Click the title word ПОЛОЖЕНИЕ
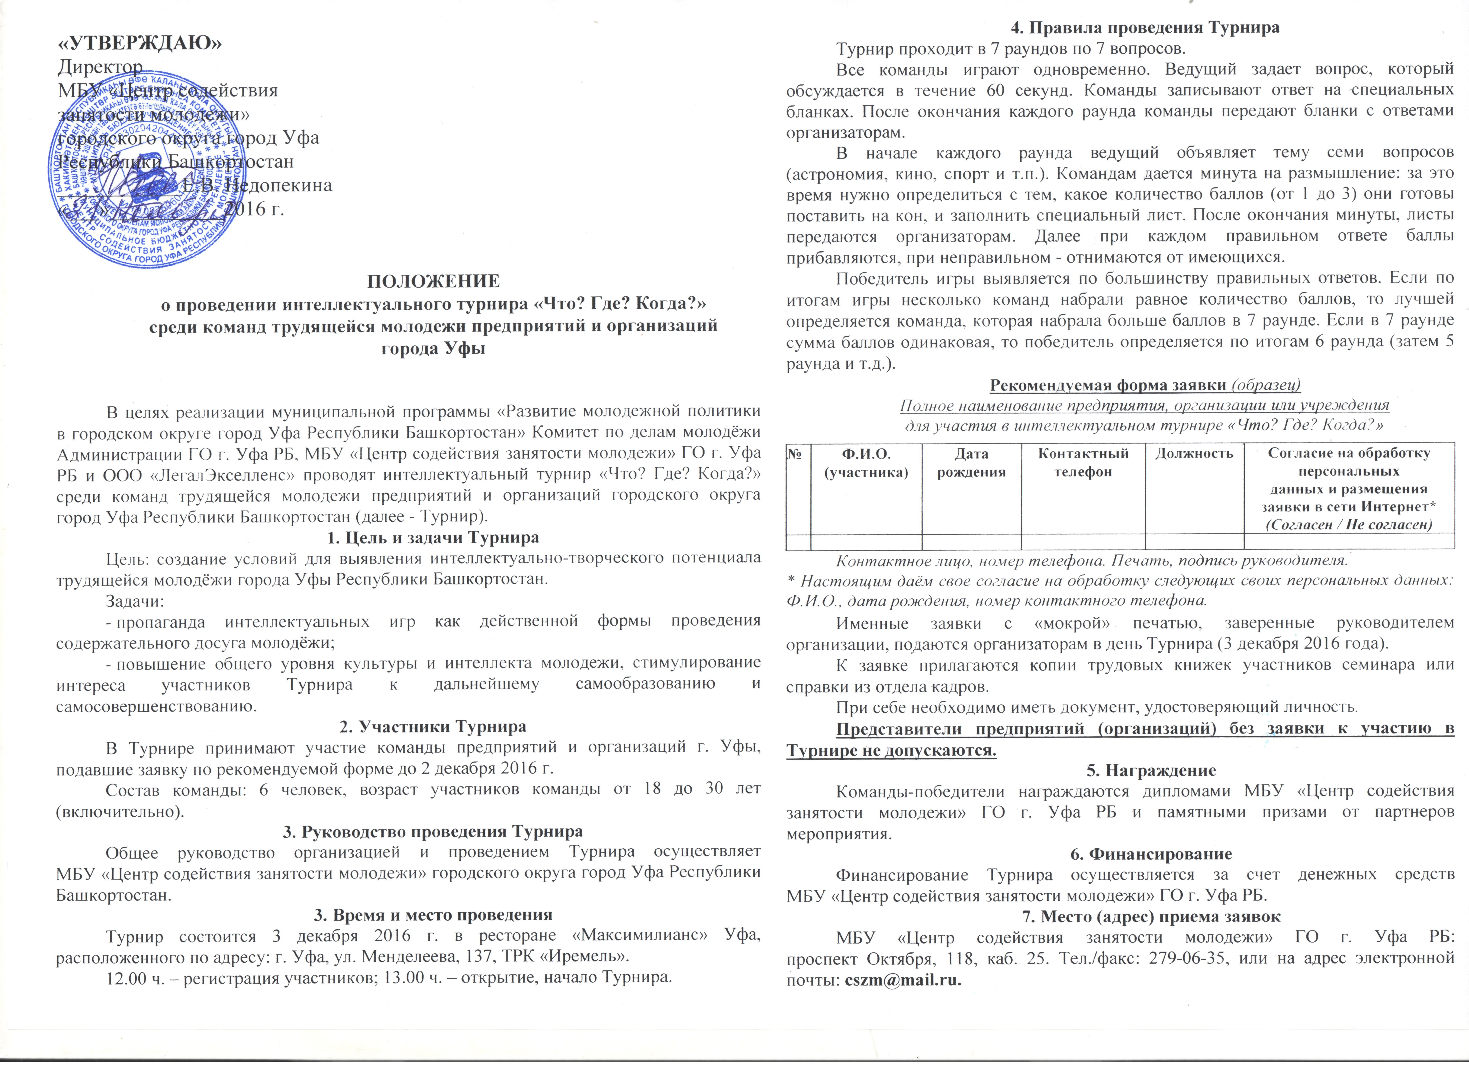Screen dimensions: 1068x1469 tap(433, 281)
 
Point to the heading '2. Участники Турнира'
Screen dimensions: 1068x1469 tap(433, 727)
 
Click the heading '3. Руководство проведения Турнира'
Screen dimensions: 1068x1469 tap(433, 831)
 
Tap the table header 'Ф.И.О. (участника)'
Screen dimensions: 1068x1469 tap(866, 462)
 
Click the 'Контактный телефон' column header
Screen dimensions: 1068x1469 tap(1083, 462)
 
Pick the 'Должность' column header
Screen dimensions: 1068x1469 tap(1194, 453)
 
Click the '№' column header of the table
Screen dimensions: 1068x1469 tap(797, 453)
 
